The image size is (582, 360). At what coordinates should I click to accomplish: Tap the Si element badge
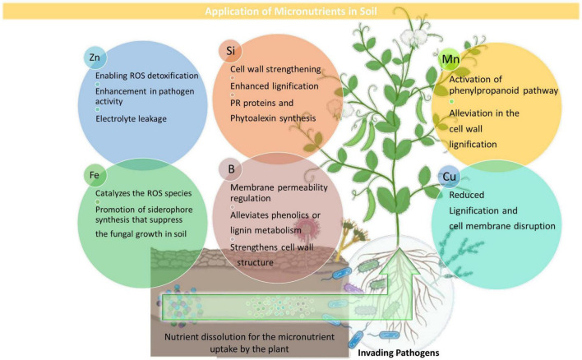tap(233, 51)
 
